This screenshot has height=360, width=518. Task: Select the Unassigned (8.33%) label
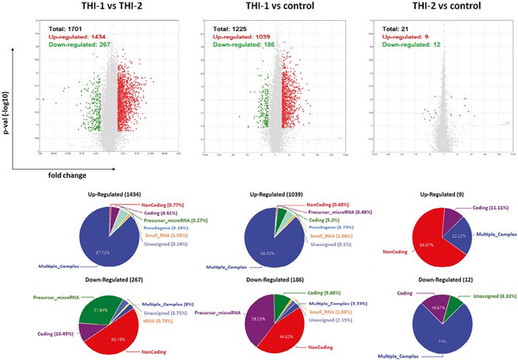[x=489, y=294]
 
